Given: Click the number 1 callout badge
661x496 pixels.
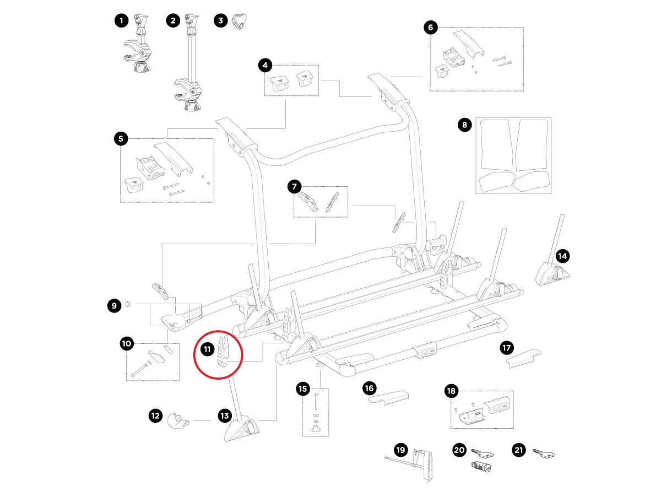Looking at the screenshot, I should click(x=121, y=21).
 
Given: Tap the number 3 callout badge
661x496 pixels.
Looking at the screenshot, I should click(x=221, y=21).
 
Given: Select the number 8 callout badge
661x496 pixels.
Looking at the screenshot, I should click(x=464, y=125).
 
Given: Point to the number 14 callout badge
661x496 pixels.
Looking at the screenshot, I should click(x=562, y=256).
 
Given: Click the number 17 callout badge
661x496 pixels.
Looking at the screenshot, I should click(x=506, y=348).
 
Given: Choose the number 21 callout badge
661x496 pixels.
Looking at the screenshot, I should click(x=518, y=450).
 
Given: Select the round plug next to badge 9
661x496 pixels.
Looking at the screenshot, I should click(x=127, y=304).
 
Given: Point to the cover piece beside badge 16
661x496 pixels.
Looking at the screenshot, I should click(x=388, y=397).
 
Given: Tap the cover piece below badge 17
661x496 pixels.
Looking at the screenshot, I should click(x=523, y=359).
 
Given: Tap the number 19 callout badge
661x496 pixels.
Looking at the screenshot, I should click(x=400, y=450).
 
